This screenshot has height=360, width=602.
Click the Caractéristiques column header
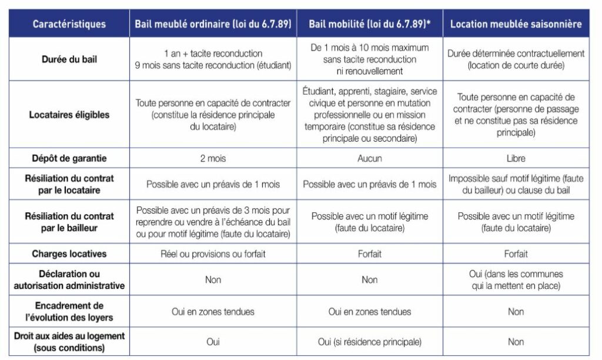[69, 24]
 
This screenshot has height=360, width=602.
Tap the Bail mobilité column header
[369, 24]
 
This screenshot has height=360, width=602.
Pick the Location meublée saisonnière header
[516, 24]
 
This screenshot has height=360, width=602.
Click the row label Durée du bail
[69, 59]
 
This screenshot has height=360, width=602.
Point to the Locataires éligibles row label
[69, 115]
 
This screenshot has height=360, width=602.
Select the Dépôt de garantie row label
[69, 158]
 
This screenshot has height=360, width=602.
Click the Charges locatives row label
[69, 254]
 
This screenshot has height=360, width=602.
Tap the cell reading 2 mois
[213, 158]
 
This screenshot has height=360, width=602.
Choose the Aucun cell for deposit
[369, 158]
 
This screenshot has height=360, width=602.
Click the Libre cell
[516, 158]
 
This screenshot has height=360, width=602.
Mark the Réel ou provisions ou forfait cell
[213, 254]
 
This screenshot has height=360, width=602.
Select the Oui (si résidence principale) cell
[369, 342]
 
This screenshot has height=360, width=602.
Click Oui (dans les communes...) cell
[516, 279]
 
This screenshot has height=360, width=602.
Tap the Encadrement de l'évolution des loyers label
[69, 311]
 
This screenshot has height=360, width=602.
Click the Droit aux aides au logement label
[69, 342]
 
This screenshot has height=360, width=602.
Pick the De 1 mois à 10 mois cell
[369, 59]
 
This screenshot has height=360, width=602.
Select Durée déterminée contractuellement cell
[516, 59]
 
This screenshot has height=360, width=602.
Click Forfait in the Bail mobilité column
[369, 254]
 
